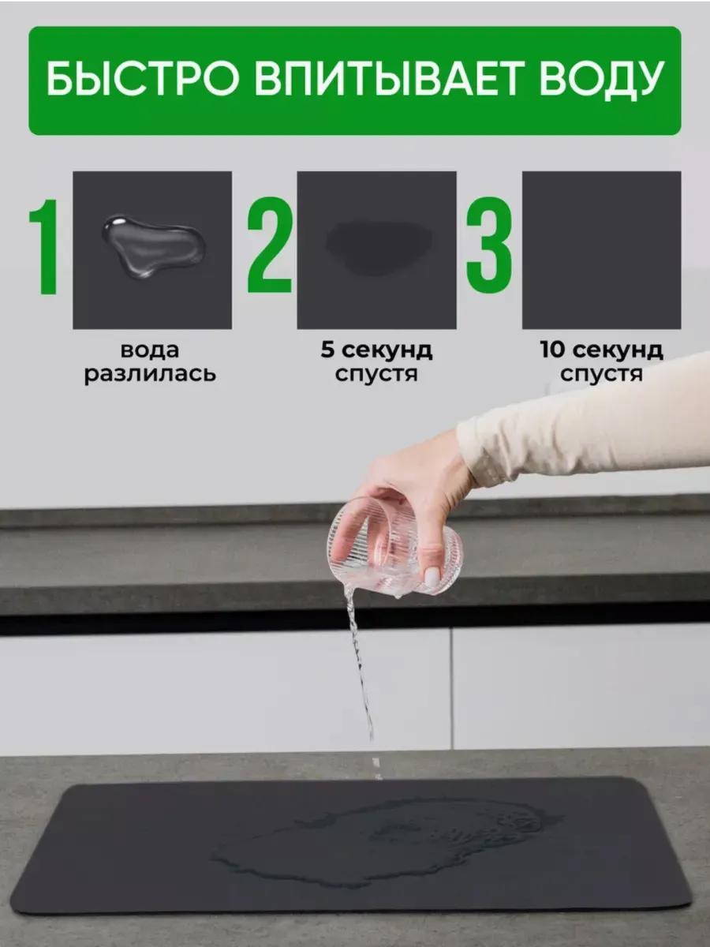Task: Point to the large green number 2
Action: tap(270, 245)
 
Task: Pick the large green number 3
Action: tap(489, 245)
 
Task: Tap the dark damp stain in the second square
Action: tap(379, 248)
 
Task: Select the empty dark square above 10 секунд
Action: tap(601, 250)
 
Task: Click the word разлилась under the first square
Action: tap(150, 373)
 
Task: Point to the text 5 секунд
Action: tap(376, 350)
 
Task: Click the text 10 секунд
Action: tap(601, 350)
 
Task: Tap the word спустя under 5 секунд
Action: tap(376, 373)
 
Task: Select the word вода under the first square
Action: tap(150, 350)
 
